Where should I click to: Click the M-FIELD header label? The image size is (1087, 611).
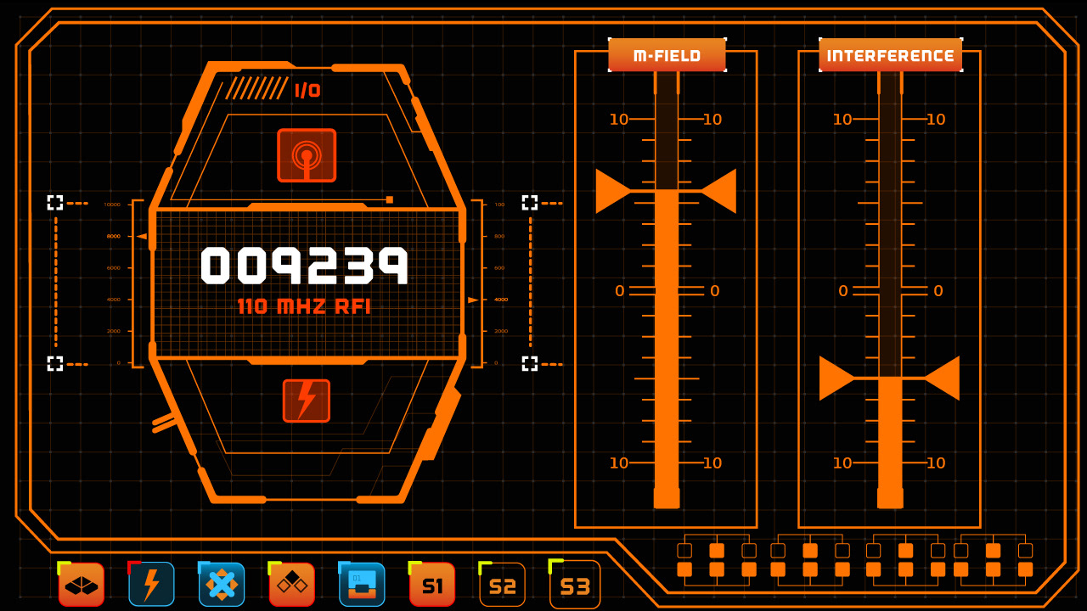(667, 56)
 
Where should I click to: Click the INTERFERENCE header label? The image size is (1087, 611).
(890, 56)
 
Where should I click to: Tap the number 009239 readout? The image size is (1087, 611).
(305, 265)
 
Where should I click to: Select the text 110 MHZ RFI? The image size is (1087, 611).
(304, 306)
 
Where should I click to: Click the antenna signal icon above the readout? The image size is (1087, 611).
(307, 155)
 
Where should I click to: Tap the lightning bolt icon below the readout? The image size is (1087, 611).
(307, 401)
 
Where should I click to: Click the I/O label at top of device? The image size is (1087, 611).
(307, 91)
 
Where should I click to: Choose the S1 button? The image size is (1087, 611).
(432, 585)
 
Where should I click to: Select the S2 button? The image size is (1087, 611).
(503, 586)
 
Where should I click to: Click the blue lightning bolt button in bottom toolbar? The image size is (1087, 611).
(151, 585)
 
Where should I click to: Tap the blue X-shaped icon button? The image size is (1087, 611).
(222, 585)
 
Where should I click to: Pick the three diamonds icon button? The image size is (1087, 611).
(291, 585)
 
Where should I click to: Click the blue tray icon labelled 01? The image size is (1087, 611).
(362, 585)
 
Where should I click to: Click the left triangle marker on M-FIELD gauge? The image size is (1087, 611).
(612, 191)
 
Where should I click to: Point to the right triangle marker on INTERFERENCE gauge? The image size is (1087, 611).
(943, 378)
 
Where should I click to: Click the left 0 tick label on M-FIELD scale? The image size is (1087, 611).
(620, 291)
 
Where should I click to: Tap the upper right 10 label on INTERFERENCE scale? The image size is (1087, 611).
(936, 120)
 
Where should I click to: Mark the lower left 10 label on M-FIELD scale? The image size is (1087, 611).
(619, 462)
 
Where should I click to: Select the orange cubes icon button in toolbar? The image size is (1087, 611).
(82, 585)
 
